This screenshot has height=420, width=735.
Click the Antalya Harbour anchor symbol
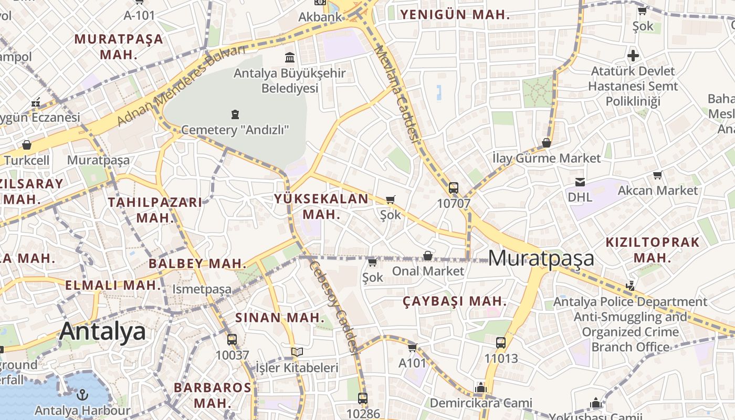pyautogui.click(x=82, y=394)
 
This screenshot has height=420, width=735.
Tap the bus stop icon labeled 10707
pyautogui.click(x=454, y=187)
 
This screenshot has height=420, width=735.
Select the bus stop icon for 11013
pyautogui.click(x=501, y=343)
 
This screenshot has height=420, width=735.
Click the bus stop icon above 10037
pyautogui.click(x=232, y=340)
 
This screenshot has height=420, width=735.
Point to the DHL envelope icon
pyautogui.click(x=580, y=182)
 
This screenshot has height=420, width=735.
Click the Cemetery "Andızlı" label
pyautogui.click(x=235, y=129)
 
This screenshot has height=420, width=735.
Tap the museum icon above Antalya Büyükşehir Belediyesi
pyautogui.click(x=289, y=57)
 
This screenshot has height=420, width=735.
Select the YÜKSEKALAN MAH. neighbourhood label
pyautogui.click(x=321, y=206)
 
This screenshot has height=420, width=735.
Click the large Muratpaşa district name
pyautogui.click(x=541, y=258)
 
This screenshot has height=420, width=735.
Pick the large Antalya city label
pyautogui.click(x=102, y=332)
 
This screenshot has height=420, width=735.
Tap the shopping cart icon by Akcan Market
pyautogui.click(x=657, y=175)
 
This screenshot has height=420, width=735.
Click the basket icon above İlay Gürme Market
pyautogui.click(x=546, y=143)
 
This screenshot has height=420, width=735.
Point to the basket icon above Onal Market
pyautogui.click(x=428, y=256)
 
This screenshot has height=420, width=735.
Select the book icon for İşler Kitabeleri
pyautogui.click(x=297, y=352)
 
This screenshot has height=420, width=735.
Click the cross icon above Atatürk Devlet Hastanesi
pyautogui.click(x=633, y=55)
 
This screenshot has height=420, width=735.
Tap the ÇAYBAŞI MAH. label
pyautogui.click(x=455, y=301)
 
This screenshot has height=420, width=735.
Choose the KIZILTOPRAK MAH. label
pyautogui.click(x=653, y=250)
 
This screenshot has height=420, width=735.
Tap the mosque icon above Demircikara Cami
pyautogui.click(x=480, y=387)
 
